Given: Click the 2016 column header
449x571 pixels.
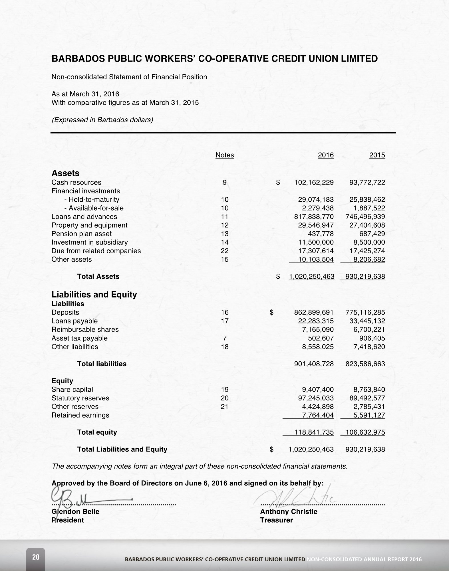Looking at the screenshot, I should [x=326, y=155].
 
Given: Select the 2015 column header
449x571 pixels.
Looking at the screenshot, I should [x=377, y=155].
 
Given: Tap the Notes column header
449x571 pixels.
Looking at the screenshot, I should [x=225, y=155].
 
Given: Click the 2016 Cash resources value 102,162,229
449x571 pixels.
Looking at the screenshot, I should [x=314, y=183].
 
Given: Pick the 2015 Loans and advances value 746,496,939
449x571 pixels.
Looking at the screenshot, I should [x=365, y=217].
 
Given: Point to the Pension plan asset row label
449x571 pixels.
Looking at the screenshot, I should [x=82, y=234].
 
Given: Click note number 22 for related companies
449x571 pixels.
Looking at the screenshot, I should [x=225, y=251].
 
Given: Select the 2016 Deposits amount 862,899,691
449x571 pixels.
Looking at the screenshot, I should [x=314, y=313].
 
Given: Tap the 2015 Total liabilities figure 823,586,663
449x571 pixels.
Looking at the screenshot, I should [x=365, y=364].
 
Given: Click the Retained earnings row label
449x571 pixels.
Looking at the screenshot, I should [x=80, y=415].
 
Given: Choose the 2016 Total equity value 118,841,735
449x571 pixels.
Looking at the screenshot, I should [x=314, y=432].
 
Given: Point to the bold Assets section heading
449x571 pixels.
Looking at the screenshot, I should [x=65, y=173].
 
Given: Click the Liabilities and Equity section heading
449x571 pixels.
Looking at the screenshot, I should [x=94, y=295].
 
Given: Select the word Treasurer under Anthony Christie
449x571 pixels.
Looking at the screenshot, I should [x=276, y=520].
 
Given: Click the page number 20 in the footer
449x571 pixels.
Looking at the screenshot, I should [x=36, y=557].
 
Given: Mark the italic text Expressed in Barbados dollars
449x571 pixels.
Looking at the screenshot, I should [x=102, y=120].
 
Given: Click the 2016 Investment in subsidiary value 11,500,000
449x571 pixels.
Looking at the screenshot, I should [x=316, y=242].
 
